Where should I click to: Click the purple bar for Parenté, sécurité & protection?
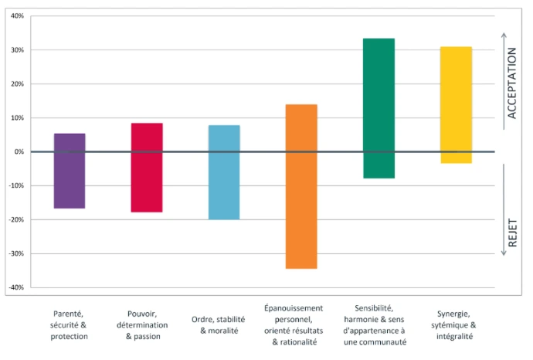[70, 171]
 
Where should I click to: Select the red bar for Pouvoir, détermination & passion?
[147, 168]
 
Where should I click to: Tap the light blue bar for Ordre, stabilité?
[224, 172]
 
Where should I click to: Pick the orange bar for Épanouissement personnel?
[301, 186]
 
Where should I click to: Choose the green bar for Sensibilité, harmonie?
[379, 108]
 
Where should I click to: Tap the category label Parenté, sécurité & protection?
[70, 325]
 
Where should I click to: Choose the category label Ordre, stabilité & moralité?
[224, 325]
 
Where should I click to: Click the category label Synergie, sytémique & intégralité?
[456, 325]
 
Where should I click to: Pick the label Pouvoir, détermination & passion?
[147, 325]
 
